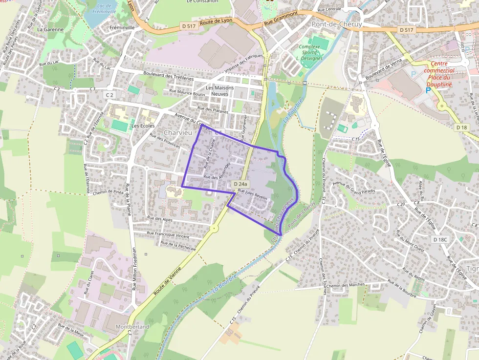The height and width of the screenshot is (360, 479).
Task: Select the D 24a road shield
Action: tap(241, 184)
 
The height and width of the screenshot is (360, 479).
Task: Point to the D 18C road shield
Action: tap(440, 239)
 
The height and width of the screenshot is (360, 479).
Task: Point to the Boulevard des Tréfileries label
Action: tap(169, 76)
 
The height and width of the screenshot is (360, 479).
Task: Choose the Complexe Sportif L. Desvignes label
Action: tap(309, 52)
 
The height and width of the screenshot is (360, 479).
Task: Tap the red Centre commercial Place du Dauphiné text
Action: tap(439, 74)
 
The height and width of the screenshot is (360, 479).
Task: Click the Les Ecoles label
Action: tap(143, 126)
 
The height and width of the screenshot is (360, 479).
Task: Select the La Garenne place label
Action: tap(50, 29)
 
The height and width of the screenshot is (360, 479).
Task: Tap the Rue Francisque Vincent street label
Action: tap(168, 236)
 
